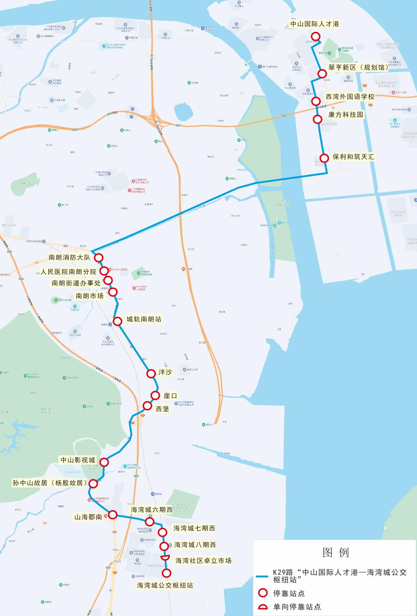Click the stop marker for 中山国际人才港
[x=315, y=37]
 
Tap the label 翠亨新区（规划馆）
[x=358, y=68]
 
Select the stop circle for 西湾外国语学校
[x=316, y=101]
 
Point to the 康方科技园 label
[x=346, y=115]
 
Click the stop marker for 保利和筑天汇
[x=324, y=158]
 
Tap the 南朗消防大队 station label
[x=69, y=258]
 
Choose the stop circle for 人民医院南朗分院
[x=104, y=271]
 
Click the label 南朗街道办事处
[x=76, y=283]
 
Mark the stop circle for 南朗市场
[x=113, y=292]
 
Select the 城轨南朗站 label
[x=144, y=319]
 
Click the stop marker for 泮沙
[x=151, y=374]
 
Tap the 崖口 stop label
[x=170, y=396]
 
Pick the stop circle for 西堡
[x=147, y=405]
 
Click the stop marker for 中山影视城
[x=104, y=462]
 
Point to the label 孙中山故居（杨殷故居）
[x=49, y=483]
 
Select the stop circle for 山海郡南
[x=113, y=515]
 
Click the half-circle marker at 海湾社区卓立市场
[x=165, y=558]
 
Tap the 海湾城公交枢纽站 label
[x=165, y=585]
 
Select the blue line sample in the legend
[x=262, y=576]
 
